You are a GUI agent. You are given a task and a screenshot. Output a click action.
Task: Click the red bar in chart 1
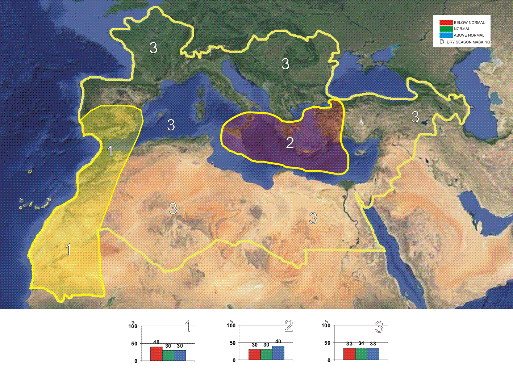click(x=156, y=354)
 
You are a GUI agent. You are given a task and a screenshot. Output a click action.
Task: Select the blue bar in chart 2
click(x=278, y=353)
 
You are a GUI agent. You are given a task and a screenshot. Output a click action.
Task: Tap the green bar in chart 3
click(x=361, y=354)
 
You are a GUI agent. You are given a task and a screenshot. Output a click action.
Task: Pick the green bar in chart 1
click(x=168, y=355)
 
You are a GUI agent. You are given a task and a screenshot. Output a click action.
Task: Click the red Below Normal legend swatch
click(x=446, y=22)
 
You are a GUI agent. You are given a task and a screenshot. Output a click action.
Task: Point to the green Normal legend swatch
click(x=446, y=29)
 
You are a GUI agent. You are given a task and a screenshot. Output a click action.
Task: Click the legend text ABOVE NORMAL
click(x=469, y=35)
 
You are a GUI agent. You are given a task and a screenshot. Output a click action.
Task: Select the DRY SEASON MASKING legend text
click(x=468, y=42)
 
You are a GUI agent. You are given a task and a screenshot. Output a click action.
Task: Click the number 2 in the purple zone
click(x=290, y=143)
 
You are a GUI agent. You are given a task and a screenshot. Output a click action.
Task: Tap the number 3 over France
click(x=154, y=48)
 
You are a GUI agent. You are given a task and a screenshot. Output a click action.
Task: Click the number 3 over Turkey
click(x=415, y=117)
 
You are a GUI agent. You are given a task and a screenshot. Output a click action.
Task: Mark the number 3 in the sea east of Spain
click(x=171, y=125)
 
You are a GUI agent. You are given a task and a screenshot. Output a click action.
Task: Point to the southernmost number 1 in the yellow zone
click(x=68, y=250)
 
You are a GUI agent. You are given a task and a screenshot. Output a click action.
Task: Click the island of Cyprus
click(x=360, y=152)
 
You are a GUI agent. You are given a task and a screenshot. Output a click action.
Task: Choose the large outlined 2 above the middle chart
click(x=288, y=326)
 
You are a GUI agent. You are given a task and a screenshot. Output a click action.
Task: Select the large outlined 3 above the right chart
click(x=379, y=327)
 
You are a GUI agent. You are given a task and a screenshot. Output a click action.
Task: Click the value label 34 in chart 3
click(x=361, y=343)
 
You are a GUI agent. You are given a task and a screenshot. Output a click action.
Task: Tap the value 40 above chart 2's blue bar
click(x=278, y=341)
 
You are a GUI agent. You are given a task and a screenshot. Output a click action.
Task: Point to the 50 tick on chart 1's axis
click(x=134, y=344)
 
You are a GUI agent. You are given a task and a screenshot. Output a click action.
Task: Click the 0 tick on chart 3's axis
click(x=329, y=360)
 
